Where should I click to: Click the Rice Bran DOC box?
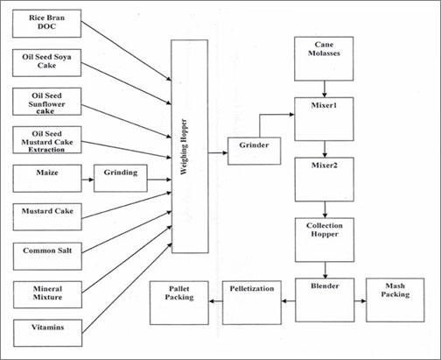[x=46, y=24]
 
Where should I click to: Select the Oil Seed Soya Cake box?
[x=46, y=63]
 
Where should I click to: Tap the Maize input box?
[x=47, y=179]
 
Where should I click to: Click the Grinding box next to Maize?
[x=121, y=179]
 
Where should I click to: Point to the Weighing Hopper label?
[x=184, y=147]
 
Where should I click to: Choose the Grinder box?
[x=254, y=151]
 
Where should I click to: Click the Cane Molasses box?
[x=324, y=59]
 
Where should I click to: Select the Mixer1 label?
[x=324, y=105]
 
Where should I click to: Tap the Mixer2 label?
[x=325, y=166]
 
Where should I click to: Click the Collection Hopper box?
[x=325, y=240]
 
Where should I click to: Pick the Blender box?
[x=325, y=300]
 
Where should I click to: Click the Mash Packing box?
[x=395, y=300]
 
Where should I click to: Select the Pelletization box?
[x=252, y=302]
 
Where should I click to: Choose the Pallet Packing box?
[x=179, y=303]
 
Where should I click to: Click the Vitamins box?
[x=47, y=333]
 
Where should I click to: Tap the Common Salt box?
[x=47, y=256]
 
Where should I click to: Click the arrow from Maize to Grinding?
[x=87, y=180]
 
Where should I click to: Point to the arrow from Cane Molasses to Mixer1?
[x=324, y=89]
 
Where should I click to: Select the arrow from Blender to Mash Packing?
[x=360, y=300]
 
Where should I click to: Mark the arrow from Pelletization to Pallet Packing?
[x=216, y=301]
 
